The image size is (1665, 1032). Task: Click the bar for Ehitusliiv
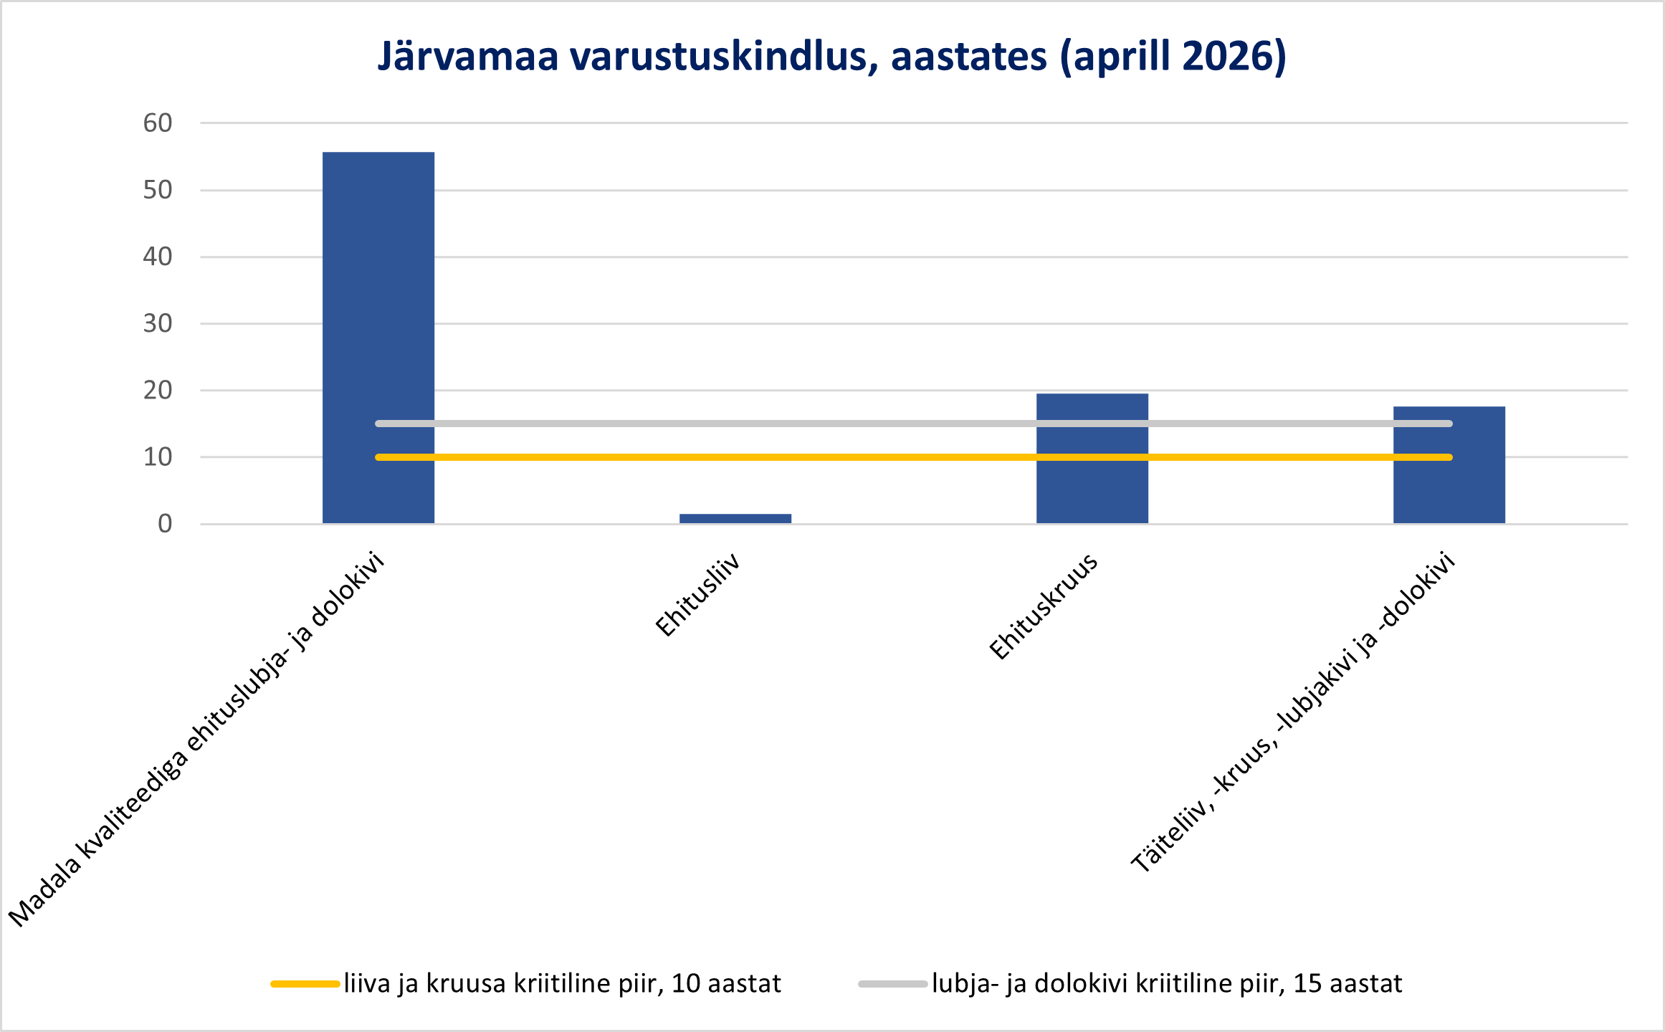[735, 518]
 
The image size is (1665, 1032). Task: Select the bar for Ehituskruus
[1092, 459]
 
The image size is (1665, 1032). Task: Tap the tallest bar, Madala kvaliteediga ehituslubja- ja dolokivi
[378, 338]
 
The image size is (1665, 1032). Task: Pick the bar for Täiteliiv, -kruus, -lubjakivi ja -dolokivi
[1449, 465]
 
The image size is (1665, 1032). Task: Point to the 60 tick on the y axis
[158, 123]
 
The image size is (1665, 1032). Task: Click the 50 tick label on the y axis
[158, 190]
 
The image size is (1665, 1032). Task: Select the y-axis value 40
[158, 257]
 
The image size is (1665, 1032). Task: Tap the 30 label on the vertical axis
[158, 323]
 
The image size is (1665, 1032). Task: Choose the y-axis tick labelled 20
[158, 391]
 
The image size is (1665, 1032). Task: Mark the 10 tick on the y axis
[158, 457]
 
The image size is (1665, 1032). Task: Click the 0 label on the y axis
[165, 524]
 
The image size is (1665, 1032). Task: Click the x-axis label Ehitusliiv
[697, 594]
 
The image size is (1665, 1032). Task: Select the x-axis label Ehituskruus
[1044, 606]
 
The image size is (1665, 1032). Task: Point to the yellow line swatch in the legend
[305, 984]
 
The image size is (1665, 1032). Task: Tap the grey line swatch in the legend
[893, 984]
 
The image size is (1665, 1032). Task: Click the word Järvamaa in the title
[468, 57]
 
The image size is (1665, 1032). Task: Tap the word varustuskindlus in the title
[724, 57]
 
